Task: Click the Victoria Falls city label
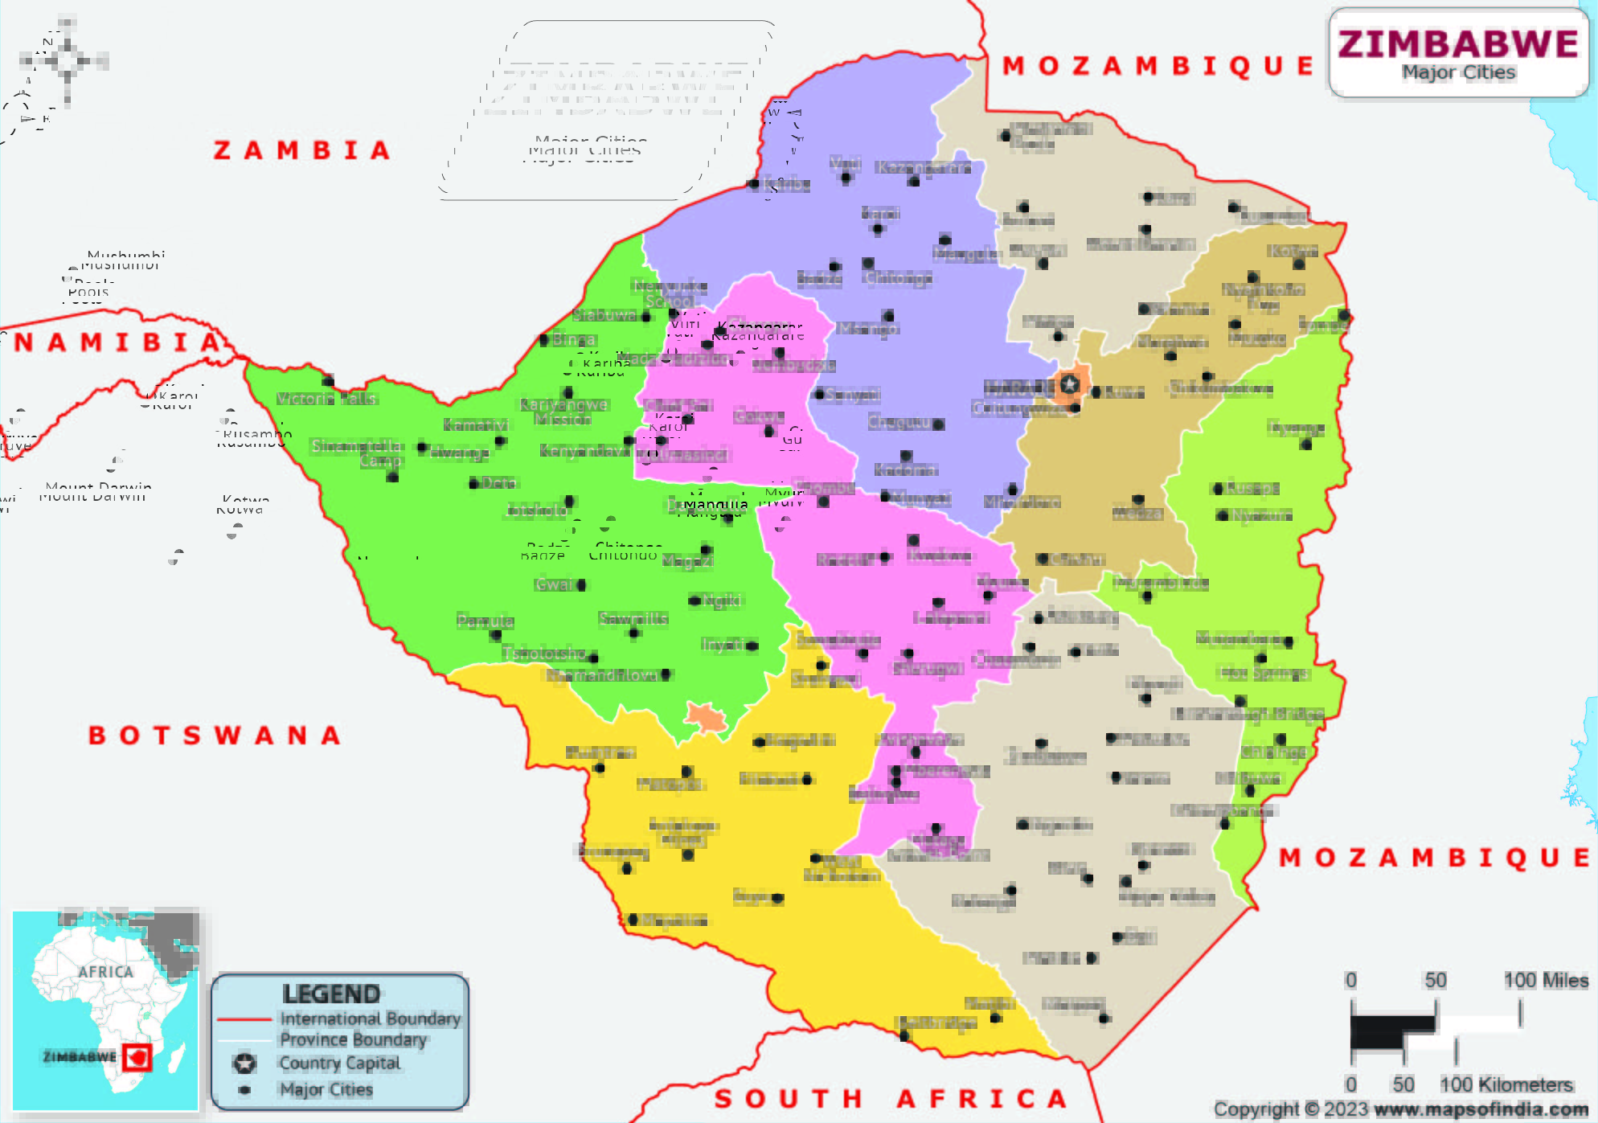click(x=326, y=399)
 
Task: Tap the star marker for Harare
click(x=1069, y=384)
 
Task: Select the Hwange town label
click(x=459, y=453)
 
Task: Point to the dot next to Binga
click(x=544, y=340)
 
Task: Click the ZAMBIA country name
click(x=302, y=150)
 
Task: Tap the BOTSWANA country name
click(x=215, y=735)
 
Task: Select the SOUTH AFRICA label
click(x=891, y=1098)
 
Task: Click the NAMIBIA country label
click(x=117, y=342)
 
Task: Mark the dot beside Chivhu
click(x=1042, y=559)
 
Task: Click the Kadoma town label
click(x=906, y=469)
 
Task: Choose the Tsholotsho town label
click(x=544, y=653)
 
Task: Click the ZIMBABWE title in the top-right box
click(x=1458, y=43)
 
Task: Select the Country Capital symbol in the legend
click(x=244, y=1064)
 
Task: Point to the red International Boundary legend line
click(x=244, y=1019)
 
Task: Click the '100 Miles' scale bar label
click(x=1545, y=980)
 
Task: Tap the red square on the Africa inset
click(x=137, y=1057)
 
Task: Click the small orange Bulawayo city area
click(x=707, y=717)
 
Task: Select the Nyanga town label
click(x=1296, y=428)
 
